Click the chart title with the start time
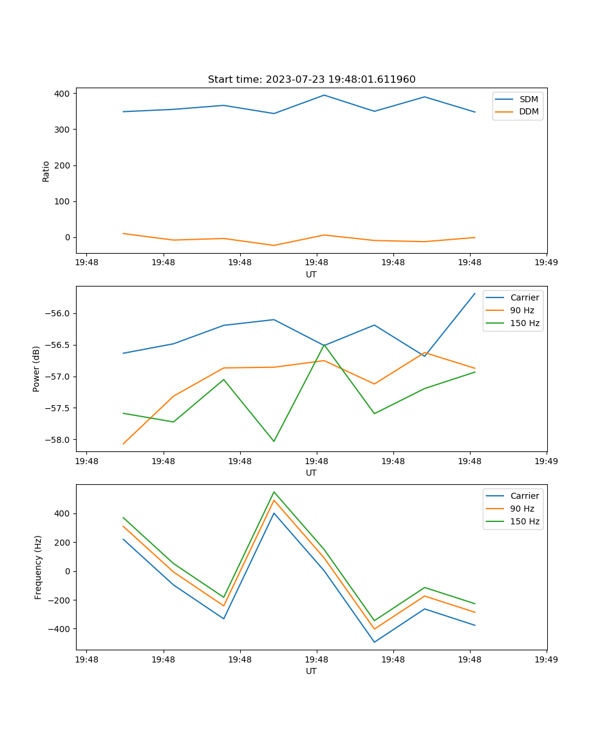(311, 80)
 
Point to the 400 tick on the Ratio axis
(63, 94)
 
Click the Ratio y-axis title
(46, 171)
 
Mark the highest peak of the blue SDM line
(324, 95)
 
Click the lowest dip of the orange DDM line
(274, 245)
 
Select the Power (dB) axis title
(36, 369)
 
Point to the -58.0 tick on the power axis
(58, 440)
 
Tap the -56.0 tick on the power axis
(58, 314)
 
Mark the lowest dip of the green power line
(274, 441)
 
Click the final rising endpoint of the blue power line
(475, 293)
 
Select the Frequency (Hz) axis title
(38, 567)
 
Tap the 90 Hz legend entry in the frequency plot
(522, 509)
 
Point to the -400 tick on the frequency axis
(60, 629)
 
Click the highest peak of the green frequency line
(274, 492)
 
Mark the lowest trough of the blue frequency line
(374, 642)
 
